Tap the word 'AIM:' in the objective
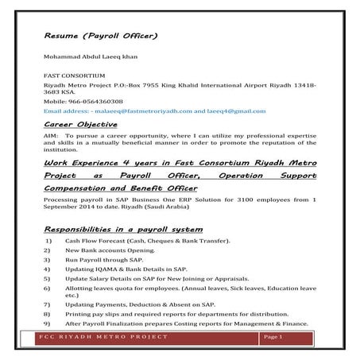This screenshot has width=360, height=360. pyautogui.click(x=52, y=137)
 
